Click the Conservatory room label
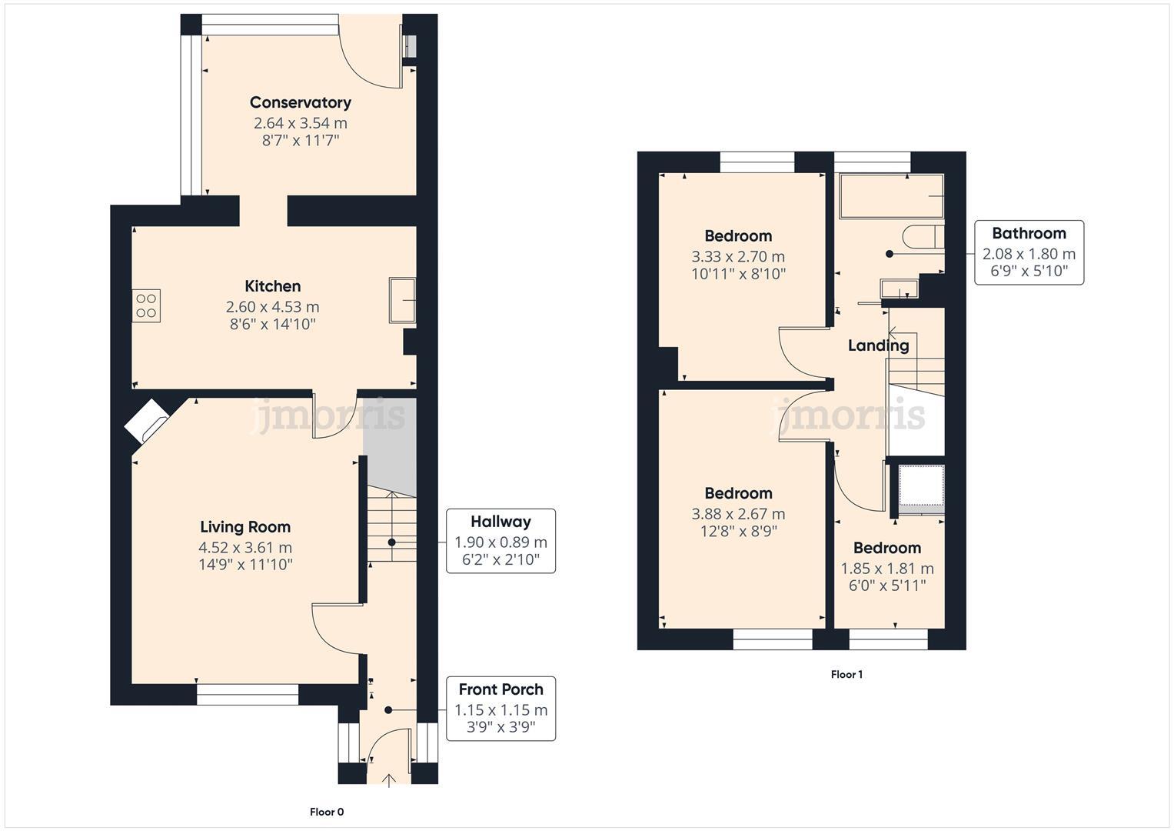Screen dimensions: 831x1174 pos(300,102)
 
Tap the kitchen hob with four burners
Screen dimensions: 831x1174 pos(146,305)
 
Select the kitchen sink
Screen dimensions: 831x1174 pos(402,300)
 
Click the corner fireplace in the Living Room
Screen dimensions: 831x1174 pos(147,422)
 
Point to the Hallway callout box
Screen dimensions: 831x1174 pos(501,541)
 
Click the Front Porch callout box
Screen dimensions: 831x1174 pos(501,709)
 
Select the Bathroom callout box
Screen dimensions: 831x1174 pos(1029,253)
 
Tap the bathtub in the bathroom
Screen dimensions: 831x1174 pos(891,196)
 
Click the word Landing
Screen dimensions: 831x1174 pos(878,345)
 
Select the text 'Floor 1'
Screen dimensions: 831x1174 pos(846,675)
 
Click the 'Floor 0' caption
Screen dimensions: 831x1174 pos(327,812)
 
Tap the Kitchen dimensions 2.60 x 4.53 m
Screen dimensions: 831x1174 pos(272,307)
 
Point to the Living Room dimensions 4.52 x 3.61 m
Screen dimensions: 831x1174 pos(245,548)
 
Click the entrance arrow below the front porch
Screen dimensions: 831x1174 pos(389,780)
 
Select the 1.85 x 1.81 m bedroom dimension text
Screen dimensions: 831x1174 pos(886,569)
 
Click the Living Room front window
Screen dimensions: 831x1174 pos(247,695)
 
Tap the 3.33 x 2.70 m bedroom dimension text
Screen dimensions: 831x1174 pos(738,256)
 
